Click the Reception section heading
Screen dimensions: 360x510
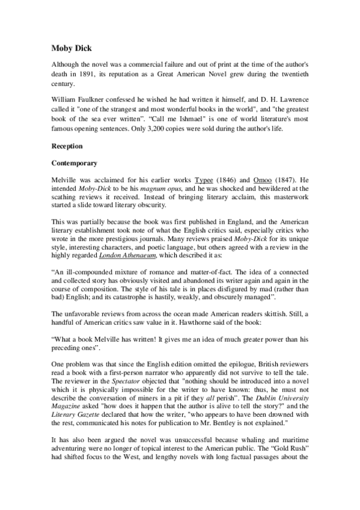(67, 146)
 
